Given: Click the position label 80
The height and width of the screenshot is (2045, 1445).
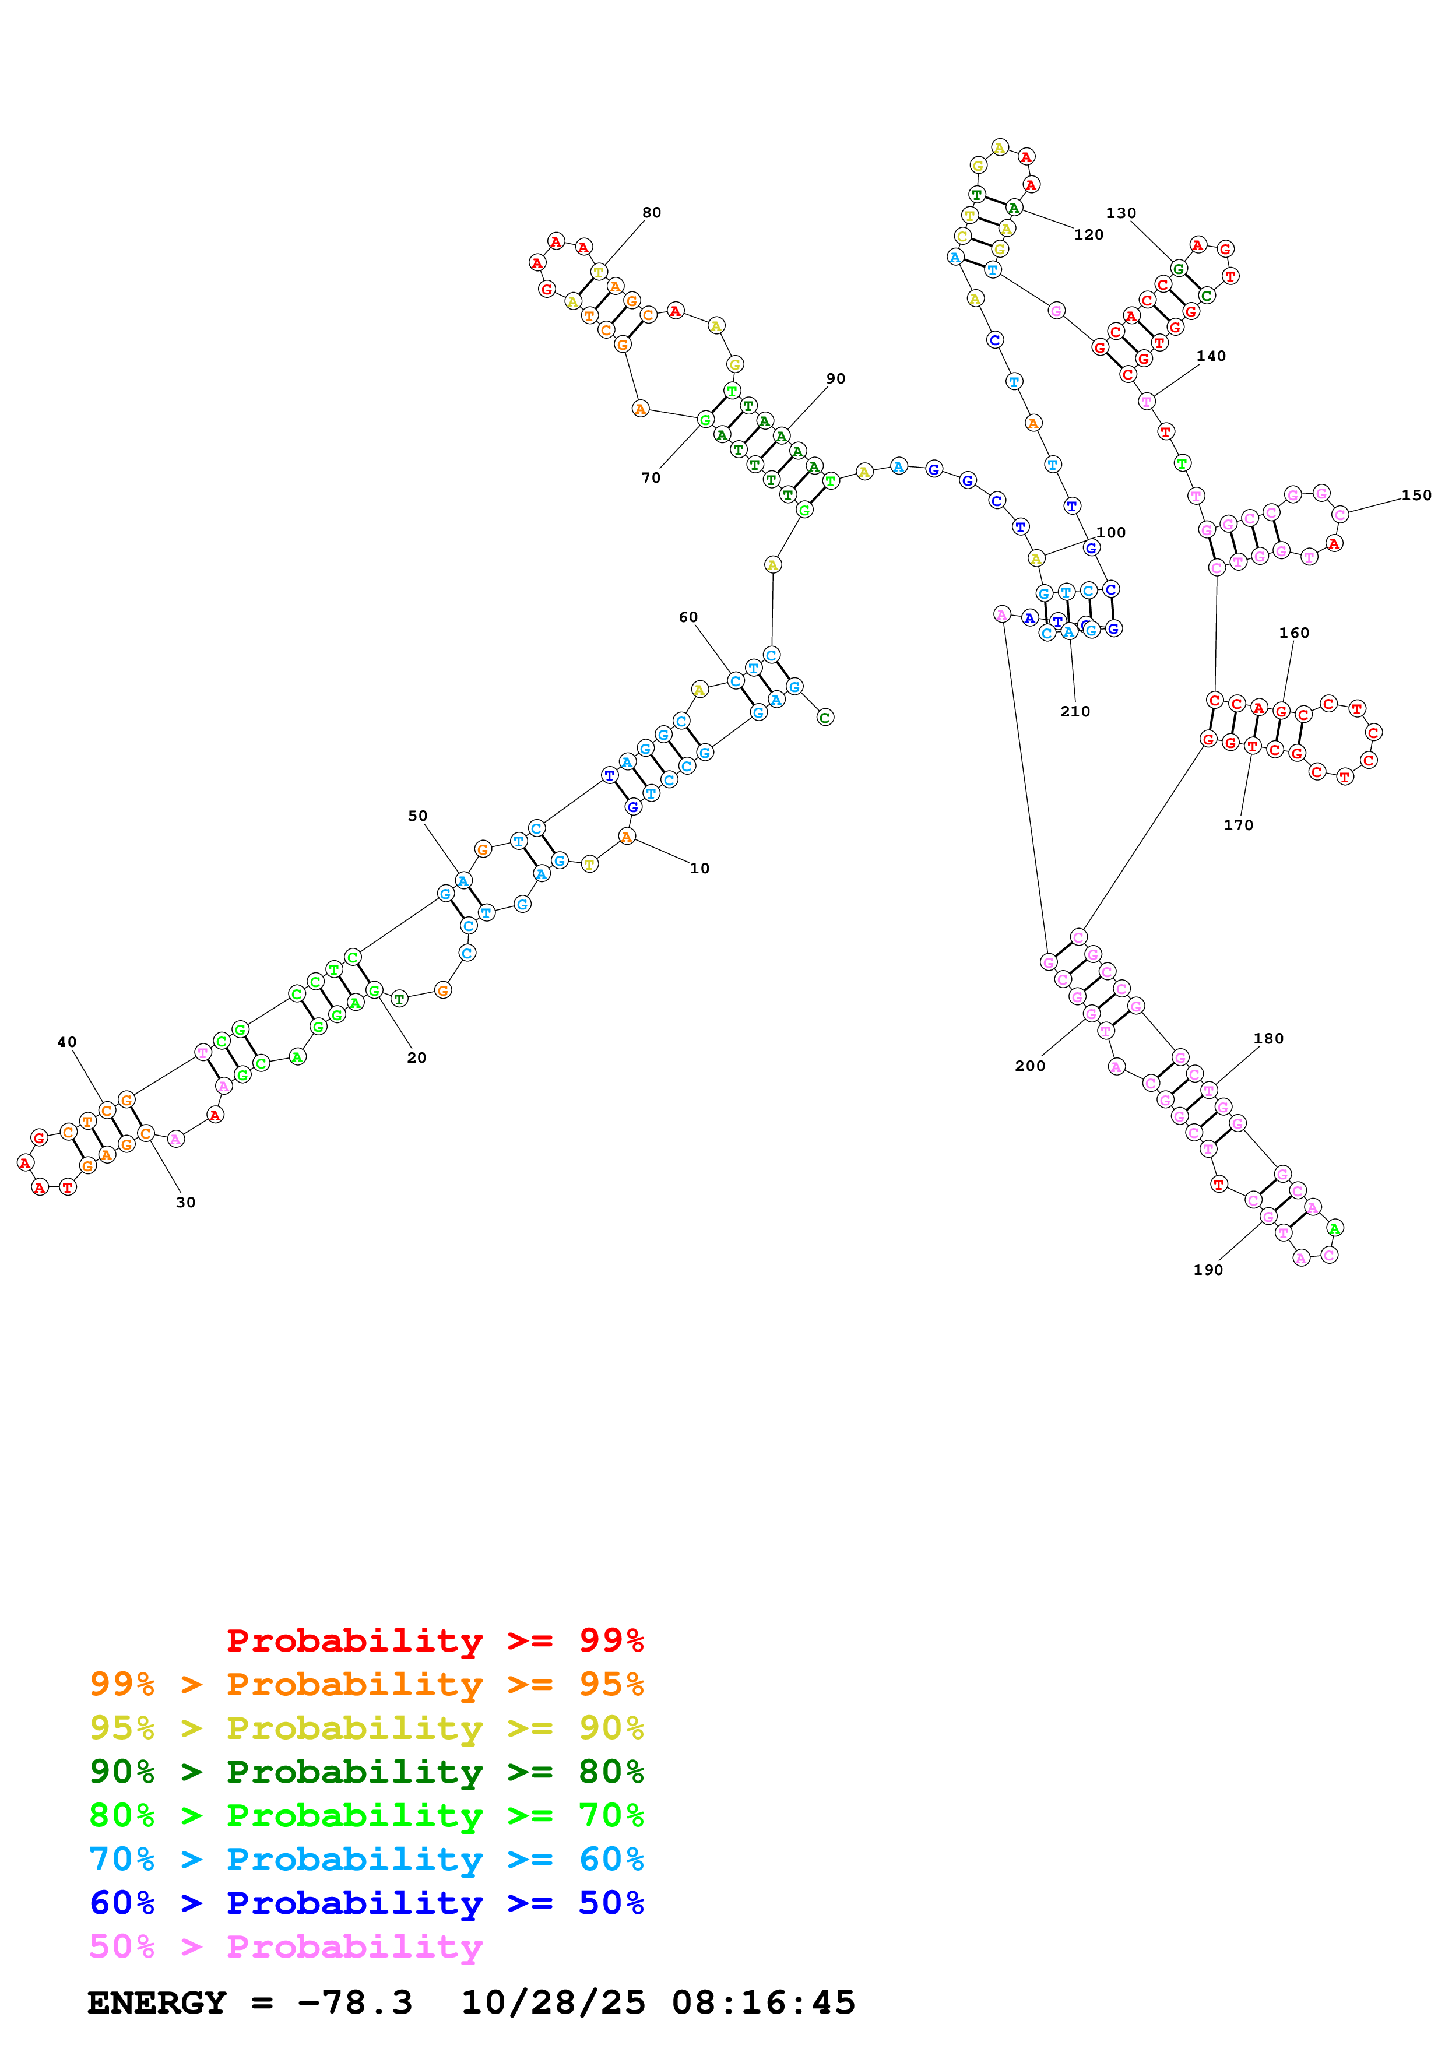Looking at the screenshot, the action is click(652, 213).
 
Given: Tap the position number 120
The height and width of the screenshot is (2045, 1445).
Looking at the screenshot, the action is click(1088, 235).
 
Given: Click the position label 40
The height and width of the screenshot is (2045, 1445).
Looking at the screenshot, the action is click(67, 1042).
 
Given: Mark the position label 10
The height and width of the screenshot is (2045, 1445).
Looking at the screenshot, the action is click(700, 869).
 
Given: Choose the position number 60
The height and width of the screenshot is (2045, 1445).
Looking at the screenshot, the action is click(688, 617).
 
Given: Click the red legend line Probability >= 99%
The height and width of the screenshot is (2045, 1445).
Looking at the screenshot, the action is click(434, 1640).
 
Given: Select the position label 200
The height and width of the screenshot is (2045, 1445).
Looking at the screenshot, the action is click(1029, 1066).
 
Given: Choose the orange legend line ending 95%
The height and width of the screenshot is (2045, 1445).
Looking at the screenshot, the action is click(366, 1684).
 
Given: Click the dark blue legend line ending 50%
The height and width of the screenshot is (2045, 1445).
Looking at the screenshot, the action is click(366, 1903).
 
